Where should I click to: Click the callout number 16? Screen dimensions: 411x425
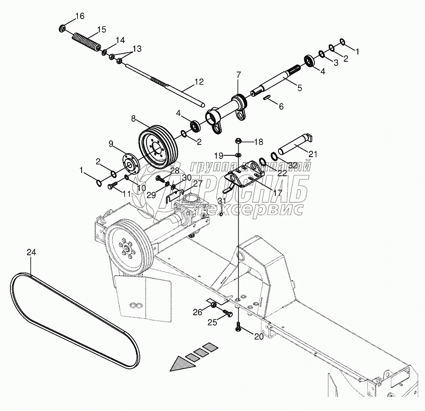click(x=79, y=16)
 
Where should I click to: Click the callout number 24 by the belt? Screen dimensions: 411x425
click(x=31, y=252)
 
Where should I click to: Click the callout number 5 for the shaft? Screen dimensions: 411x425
click(x=299, y=88)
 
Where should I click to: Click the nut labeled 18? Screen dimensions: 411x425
click(x=239, y=142)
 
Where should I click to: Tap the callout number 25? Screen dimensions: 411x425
click(x=213, y=322)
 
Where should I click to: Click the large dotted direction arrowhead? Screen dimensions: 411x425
click(x=181, y=363)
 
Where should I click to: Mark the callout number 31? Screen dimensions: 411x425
click(x=221, y=201)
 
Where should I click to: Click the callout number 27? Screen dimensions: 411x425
click(x=197, y=183)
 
